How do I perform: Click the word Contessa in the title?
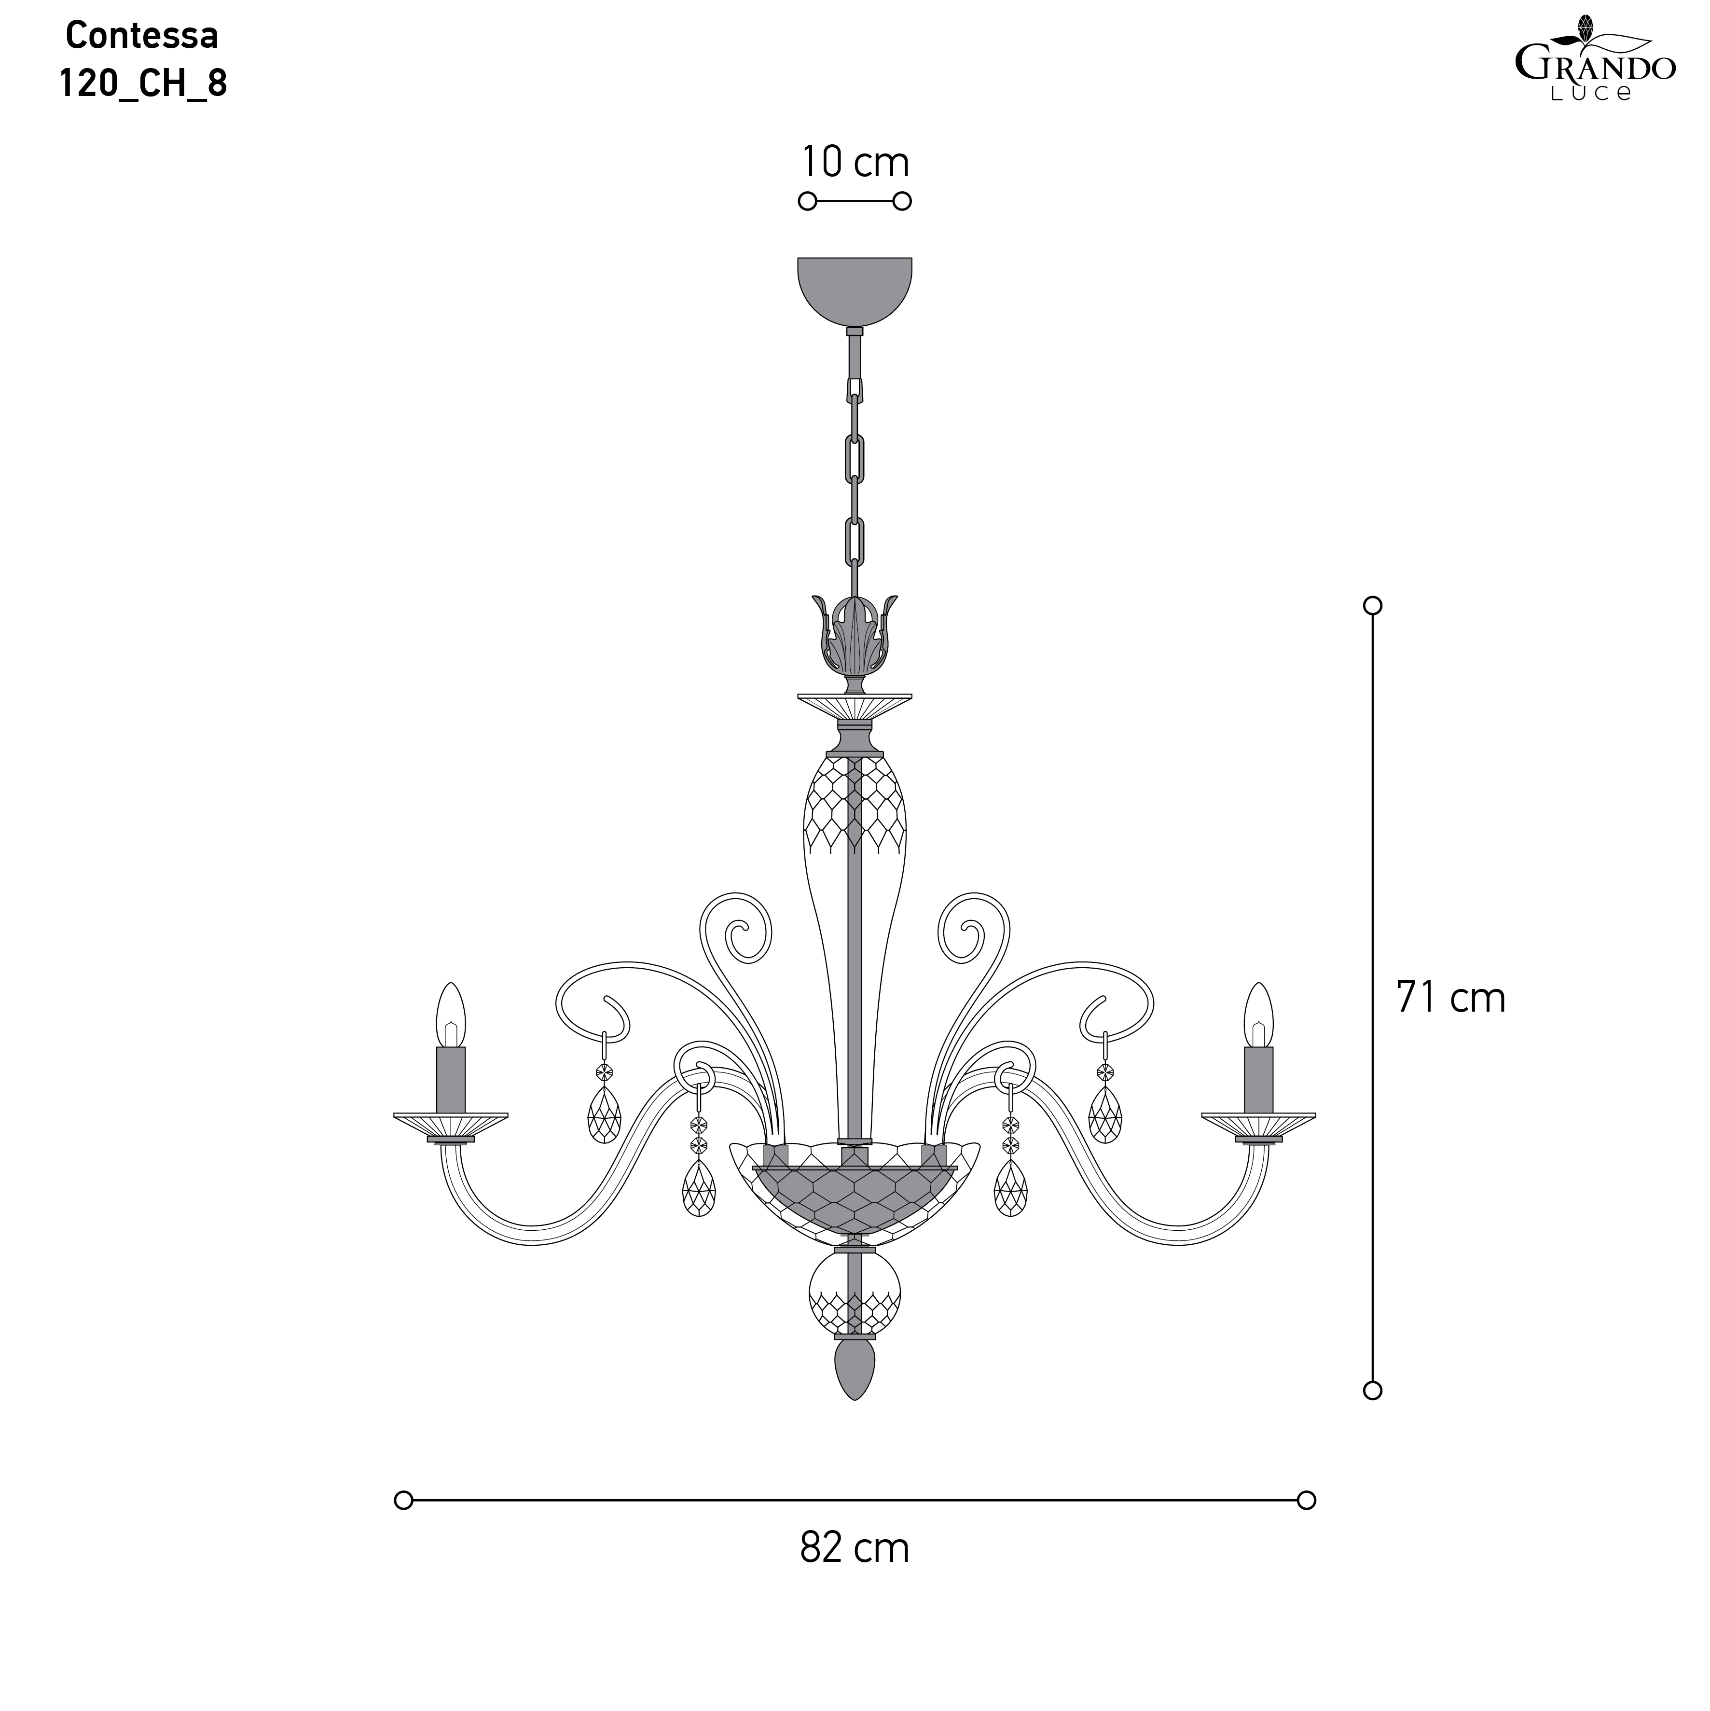click(x=142, y=35)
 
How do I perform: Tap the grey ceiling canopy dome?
click(x=855, y=291)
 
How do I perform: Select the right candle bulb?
click(x=1258, y=1015)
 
